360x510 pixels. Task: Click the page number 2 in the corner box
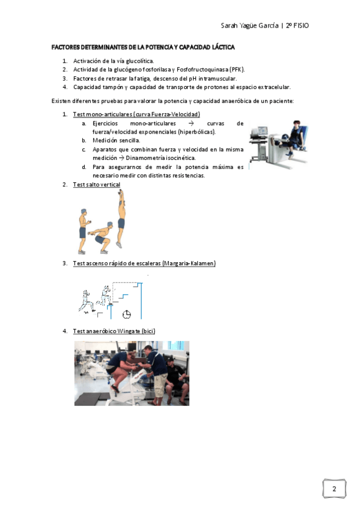click(x=334, y=488)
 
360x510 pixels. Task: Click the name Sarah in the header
click(x=229, y=25)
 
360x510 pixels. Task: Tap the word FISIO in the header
click(x=301, y=25)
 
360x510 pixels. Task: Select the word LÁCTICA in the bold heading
click(x=223, y=47)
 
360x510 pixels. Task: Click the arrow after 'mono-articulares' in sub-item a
click(x=191, y=124)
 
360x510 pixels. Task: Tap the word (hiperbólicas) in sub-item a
click(x=197, y=132)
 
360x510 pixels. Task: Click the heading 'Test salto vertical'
click(x=97, y=185)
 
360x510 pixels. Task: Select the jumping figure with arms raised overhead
click(x=121, y=219)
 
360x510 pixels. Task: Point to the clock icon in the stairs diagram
click(x=127, y=315)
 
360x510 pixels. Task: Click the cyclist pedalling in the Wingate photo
click(x=122, y=371)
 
